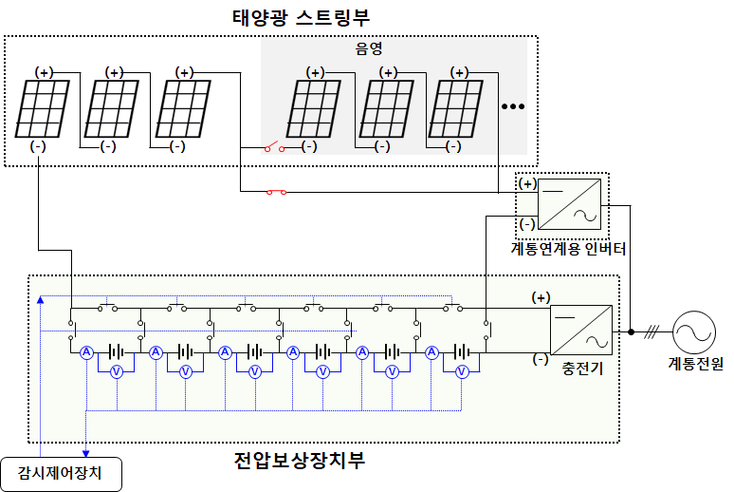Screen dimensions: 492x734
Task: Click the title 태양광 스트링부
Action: click(300, 18)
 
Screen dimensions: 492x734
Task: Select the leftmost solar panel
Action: click(44, 108)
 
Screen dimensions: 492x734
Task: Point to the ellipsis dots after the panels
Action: click(512, 106)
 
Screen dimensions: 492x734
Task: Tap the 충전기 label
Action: click(582, 366)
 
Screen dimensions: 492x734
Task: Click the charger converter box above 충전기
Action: click(581, 331)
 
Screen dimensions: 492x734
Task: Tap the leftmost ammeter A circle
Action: click(85, 352)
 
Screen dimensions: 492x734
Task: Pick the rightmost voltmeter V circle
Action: click(462, 372)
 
